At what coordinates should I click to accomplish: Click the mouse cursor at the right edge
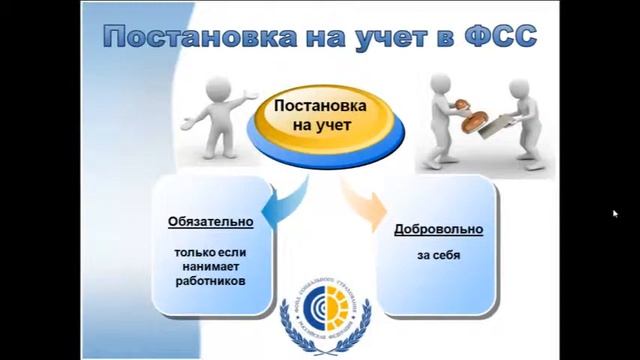(614, 213)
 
